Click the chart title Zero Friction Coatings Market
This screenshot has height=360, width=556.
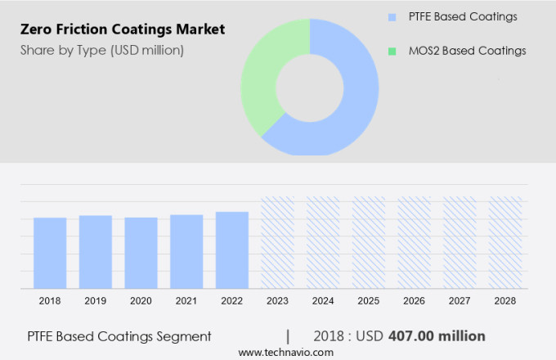[122, 30]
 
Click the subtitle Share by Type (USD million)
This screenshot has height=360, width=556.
[102, 51]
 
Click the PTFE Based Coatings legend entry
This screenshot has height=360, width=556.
[463, 16]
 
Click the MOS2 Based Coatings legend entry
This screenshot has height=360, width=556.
[466, 51]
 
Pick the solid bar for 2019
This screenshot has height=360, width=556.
[96, 251]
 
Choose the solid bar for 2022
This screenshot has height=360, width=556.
[232, 250]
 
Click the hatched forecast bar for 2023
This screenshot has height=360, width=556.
[277, 242]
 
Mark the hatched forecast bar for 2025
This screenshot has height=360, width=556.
[369, 242]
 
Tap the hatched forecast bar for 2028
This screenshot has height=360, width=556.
[505, 242]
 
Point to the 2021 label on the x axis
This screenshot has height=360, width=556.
[186, 301]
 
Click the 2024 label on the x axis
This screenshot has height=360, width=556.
[323, 301]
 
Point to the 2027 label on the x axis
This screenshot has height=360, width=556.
[460, 301]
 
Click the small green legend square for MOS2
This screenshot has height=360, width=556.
[391, 51]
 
